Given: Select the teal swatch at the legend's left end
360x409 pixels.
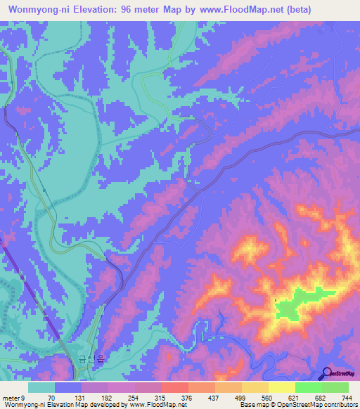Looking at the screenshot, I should click(x=41, y=387).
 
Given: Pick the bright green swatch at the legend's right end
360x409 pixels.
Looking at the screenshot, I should click(x=335, y=387).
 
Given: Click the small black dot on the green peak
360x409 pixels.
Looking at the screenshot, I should click(x=276, y=301).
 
